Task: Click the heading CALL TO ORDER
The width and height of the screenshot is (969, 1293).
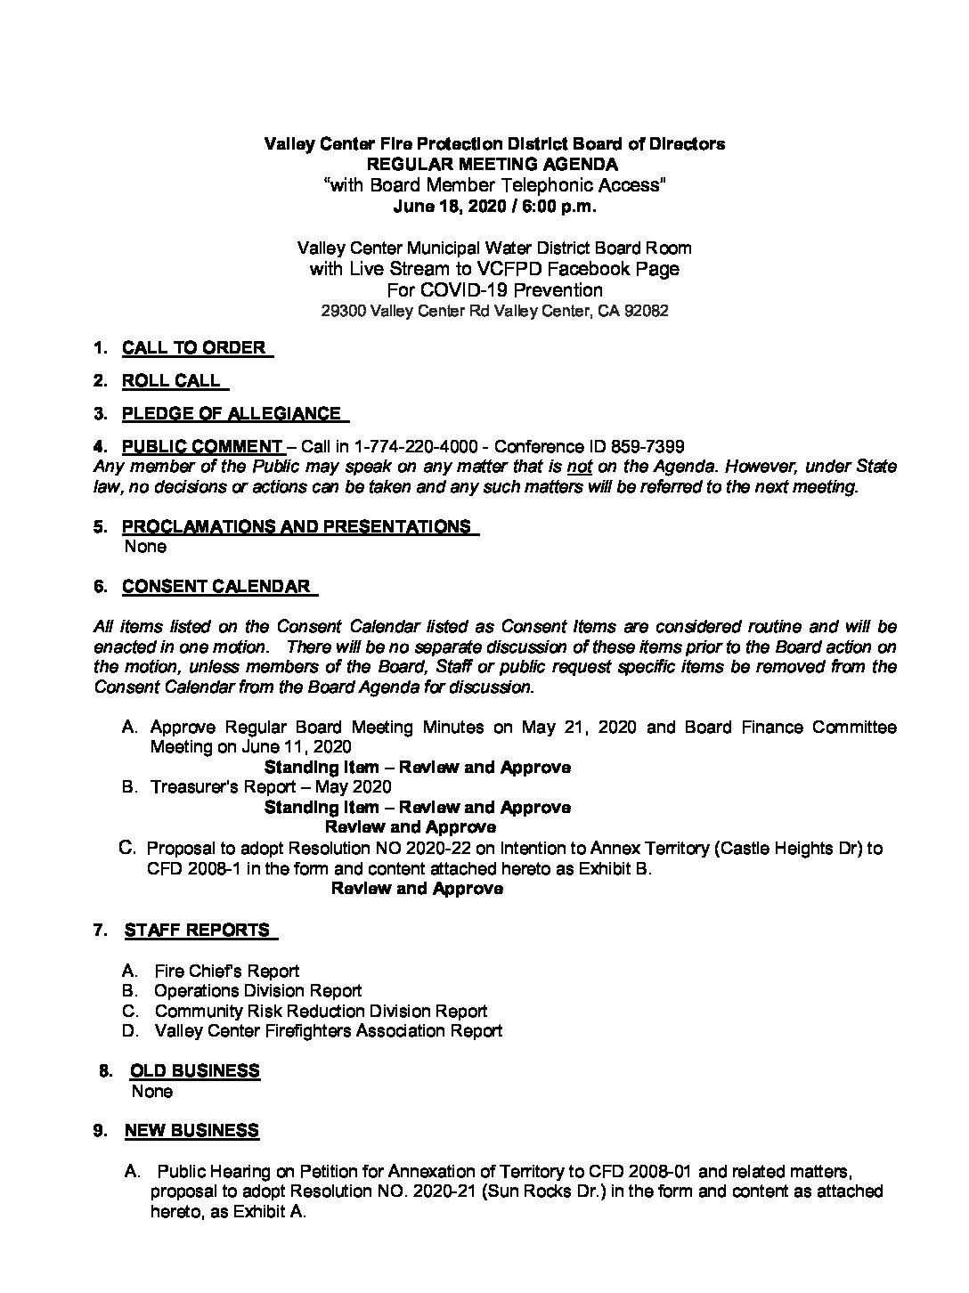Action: (194, 347)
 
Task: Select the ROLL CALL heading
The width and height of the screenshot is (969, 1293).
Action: (171, 380)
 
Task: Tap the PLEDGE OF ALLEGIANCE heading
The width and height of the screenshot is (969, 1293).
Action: (232, 413)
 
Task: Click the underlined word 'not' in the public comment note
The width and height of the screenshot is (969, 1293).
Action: (579, 466)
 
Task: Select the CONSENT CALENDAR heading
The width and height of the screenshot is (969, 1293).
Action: (216, 586)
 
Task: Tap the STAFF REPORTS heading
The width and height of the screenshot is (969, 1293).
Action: (197, 930)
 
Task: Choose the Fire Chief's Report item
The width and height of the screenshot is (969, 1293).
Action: (226, 971)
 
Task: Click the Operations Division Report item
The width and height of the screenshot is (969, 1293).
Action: (258, 991)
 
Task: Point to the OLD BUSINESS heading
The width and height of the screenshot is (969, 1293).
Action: (195, 1070)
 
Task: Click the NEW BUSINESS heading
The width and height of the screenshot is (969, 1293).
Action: (191, 1131)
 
